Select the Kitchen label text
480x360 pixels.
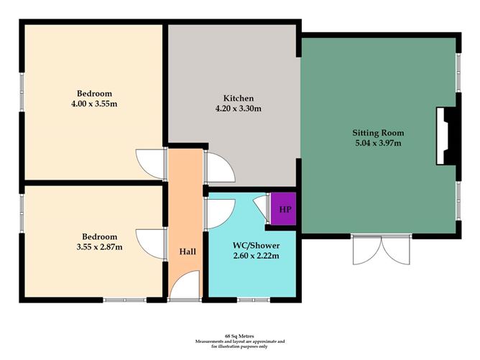[238, 98]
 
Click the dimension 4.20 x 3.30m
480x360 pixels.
[238, 109]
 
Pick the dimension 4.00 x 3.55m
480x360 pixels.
[94, 104]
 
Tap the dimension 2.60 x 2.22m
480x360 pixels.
[256, 255]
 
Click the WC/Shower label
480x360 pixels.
[256, 244]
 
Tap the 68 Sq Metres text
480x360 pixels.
[239, 336]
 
